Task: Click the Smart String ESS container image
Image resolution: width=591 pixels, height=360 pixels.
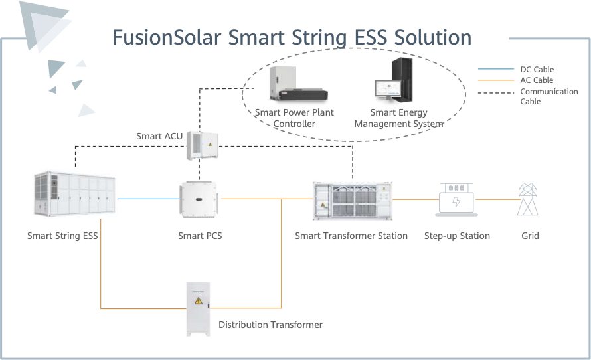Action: (x=75, y=195)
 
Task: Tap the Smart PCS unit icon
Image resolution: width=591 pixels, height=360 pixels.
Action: (x=199, y=200)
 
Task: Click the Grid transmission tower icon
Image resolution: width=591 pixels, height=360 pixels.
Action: (x=529, y=199)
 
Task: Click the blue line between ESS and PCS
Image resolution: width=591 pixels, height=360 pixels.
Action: (x=147, y=199)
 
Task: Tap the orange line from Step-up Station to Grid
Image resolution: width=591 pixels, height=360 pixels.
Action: (x=496, y=199)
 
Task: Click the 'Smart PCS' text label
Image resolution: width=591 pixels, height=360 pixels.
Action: (x=200, y=236)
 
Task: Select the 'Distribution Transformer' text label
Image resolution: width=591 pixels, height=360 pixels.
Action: (x=270, y=325)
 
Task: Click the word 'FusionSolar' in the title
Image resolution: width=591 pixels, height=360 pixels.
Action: (x=167, y=37)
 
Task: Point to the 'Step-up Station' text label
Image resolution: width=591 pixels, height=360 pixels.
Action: (x=457, y=236)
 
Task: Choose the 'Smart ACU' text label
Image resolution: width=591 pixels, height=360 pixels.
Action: (x=159, y=136)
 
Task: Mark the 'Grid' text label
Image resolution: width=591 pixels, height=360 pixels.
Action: (x=530, y=236)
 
